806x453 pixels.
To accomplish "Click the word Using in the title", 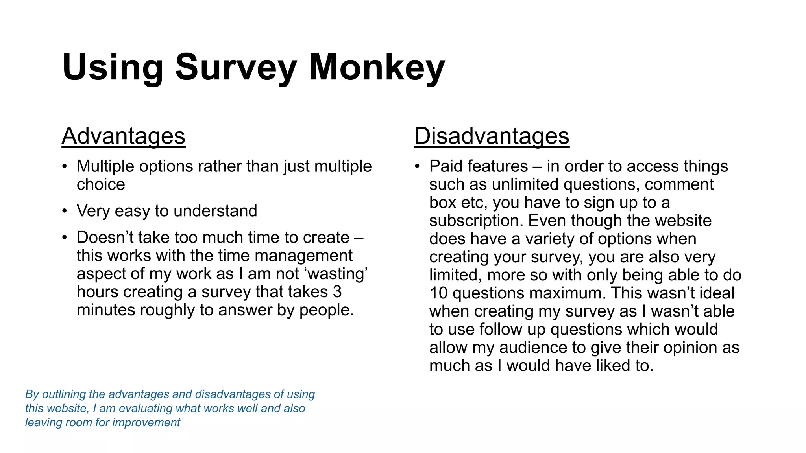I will [x=113, y=68].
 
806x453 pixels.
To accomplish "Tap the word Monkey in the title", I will [x=377, y=68].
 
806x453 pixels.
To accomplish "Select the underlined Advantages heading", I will [x=123, y=136].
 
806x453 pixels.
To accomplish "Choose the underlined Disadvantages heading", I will [x=492, y=136].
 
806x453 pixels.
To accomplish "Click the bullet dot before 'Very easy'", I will [x=65, y=211].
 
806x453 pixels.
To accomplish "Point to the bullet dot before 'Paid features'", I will [x=418, y=166].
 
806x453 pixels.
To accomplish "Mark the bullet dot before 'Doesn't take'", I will [x=65, y=238].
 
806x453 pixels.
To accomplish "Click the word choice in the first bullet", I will [x=101, y=184].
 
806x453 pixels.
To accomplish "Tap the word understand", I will [x=215, y=211].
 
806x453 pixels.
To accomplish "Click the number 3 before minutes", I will [x=337, y=292].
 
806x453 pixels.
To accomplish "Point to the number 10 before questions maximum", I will [x=438, y=293].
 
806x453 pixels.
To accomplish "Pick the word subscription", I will [x=476, y=221].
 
